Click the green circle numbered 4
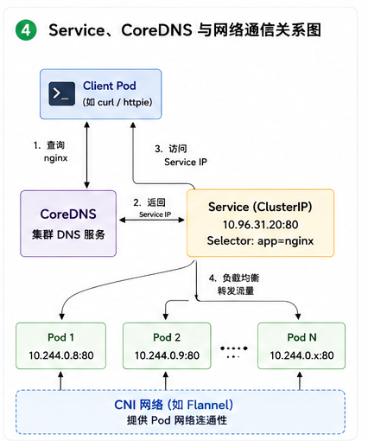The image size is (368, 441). (26, 29)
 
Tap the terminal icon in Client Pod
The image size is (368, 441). (61, 93)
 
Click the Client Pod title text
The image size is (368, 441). (110, 86)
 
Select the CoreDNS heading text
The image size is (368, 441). (68, 214)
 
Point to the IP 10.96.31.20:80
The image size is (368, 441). (260, 225)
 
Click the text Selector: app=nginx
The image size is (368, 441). (260, 240)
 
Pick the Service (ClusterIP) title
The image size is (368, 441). (260, 207)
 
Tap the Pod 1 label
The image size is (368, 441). (60, 337)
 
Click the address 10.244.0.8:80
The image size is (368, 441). (61, 355)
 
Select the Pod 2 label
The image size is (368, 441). (167, 337)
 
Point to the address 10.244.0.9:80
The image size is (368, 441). (167, 355)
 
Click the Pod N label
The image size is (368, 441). (301, 337)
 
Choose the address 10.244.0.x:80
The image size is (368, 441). (301, 355)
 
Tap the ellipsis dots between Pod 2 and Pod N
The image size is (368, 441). (234, 351)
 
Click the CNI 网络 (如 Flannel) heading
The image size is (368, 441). (174, 405)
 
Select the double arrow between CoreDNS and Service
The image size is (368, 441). (152, 220)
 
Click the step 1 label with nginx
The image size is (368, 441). (51, 151)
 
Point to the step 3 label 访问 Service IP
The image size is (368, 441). (181, 156)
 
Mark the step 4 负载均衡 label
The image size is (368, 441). (234, 284)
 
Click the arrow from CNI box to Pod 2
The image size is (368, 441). (166, 380)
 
